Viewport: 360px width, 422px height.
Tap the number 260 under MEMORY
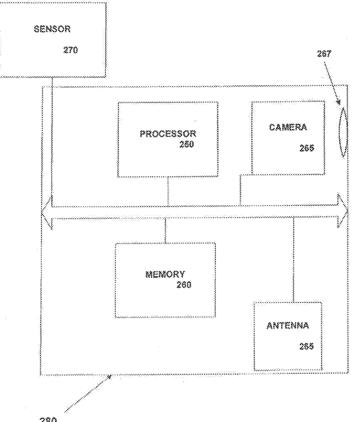pos(183,285)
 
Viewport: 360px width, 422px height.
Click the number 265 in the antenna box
pos(307,348)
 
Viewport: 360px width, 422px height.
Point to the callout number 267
pos(326,56)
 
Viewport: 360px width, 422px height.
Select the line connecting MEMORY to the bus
pos(165,231)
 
